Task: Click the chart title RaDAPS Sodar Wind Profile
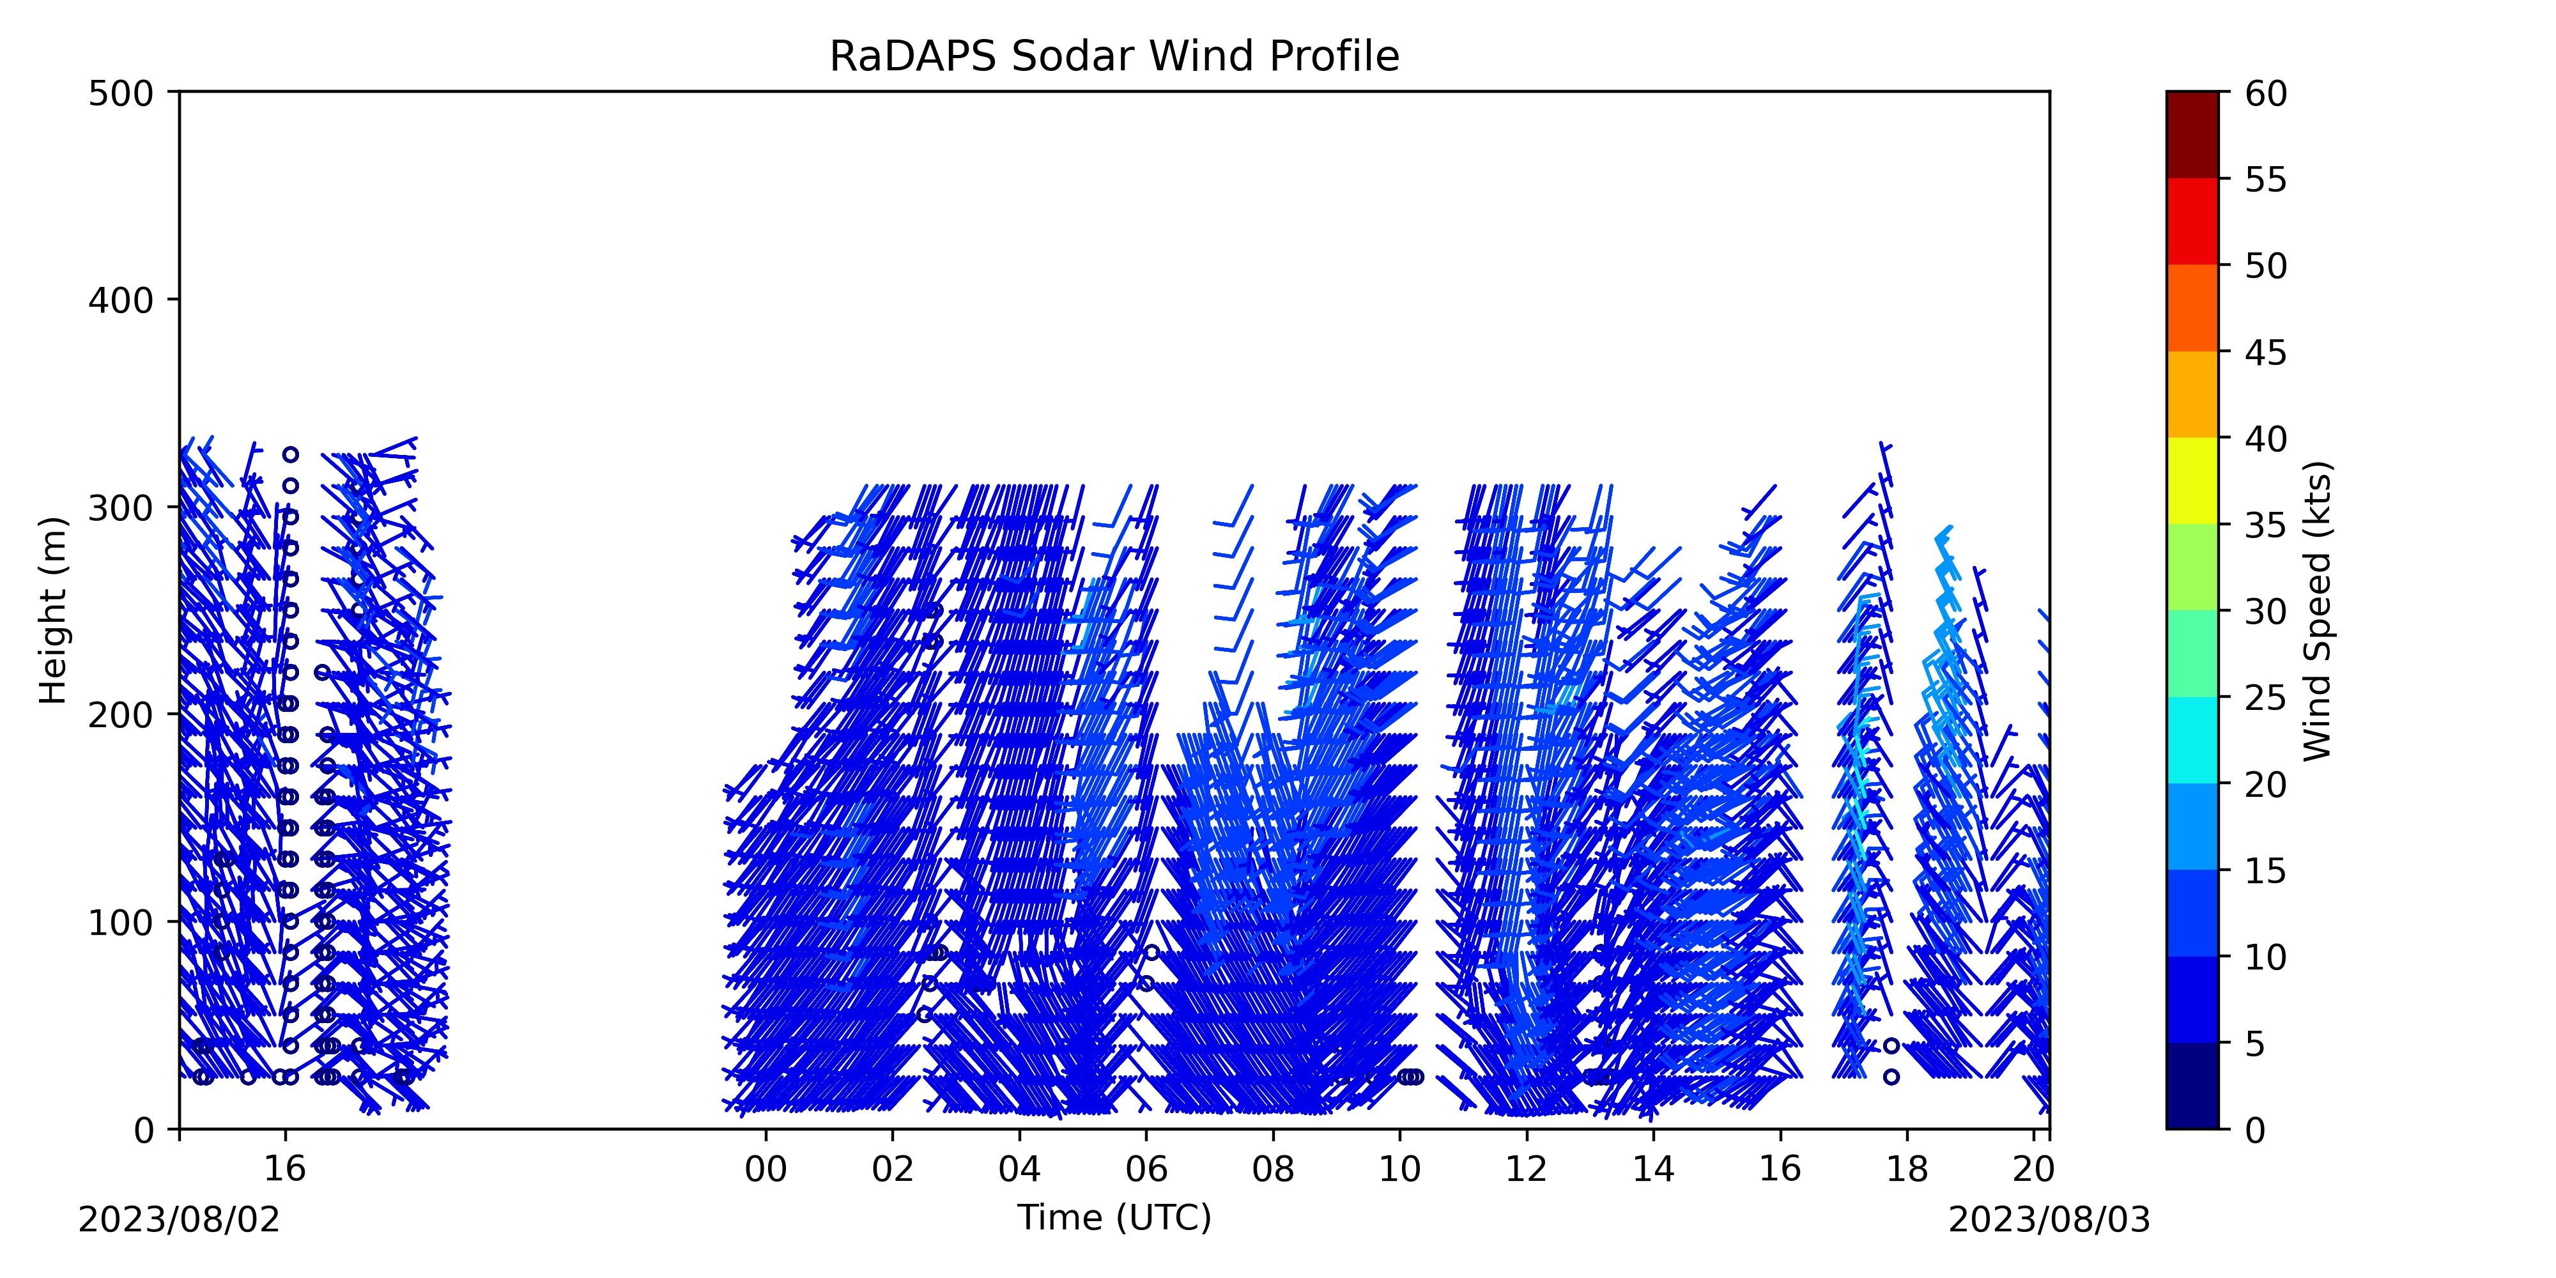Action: click(1114, 57)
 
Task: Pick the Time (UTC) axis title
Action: click(1114, 1217)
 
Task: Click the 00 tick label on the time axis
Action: click(766, 1170)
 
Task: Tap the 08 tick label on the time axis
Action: click(1273, 1170)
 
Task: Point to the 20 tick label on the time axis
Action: click(2033, 1170)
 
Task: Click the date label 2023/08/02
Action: click(180, 1219)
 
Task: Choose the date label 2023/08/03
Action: click(2050, 1219)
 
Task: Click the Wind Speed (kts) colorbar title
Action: click(2318, 610)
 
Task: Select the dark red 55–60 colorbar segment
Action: click(2192, 135)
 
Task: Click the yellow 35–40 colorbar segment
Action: click(2192, 481)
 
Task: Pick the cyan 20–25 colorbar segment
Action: click(2192, 739)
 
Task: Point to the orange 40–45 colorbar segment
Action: click(2192, 394)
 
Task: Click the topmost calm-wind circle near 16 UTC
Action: click(289, 454)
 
